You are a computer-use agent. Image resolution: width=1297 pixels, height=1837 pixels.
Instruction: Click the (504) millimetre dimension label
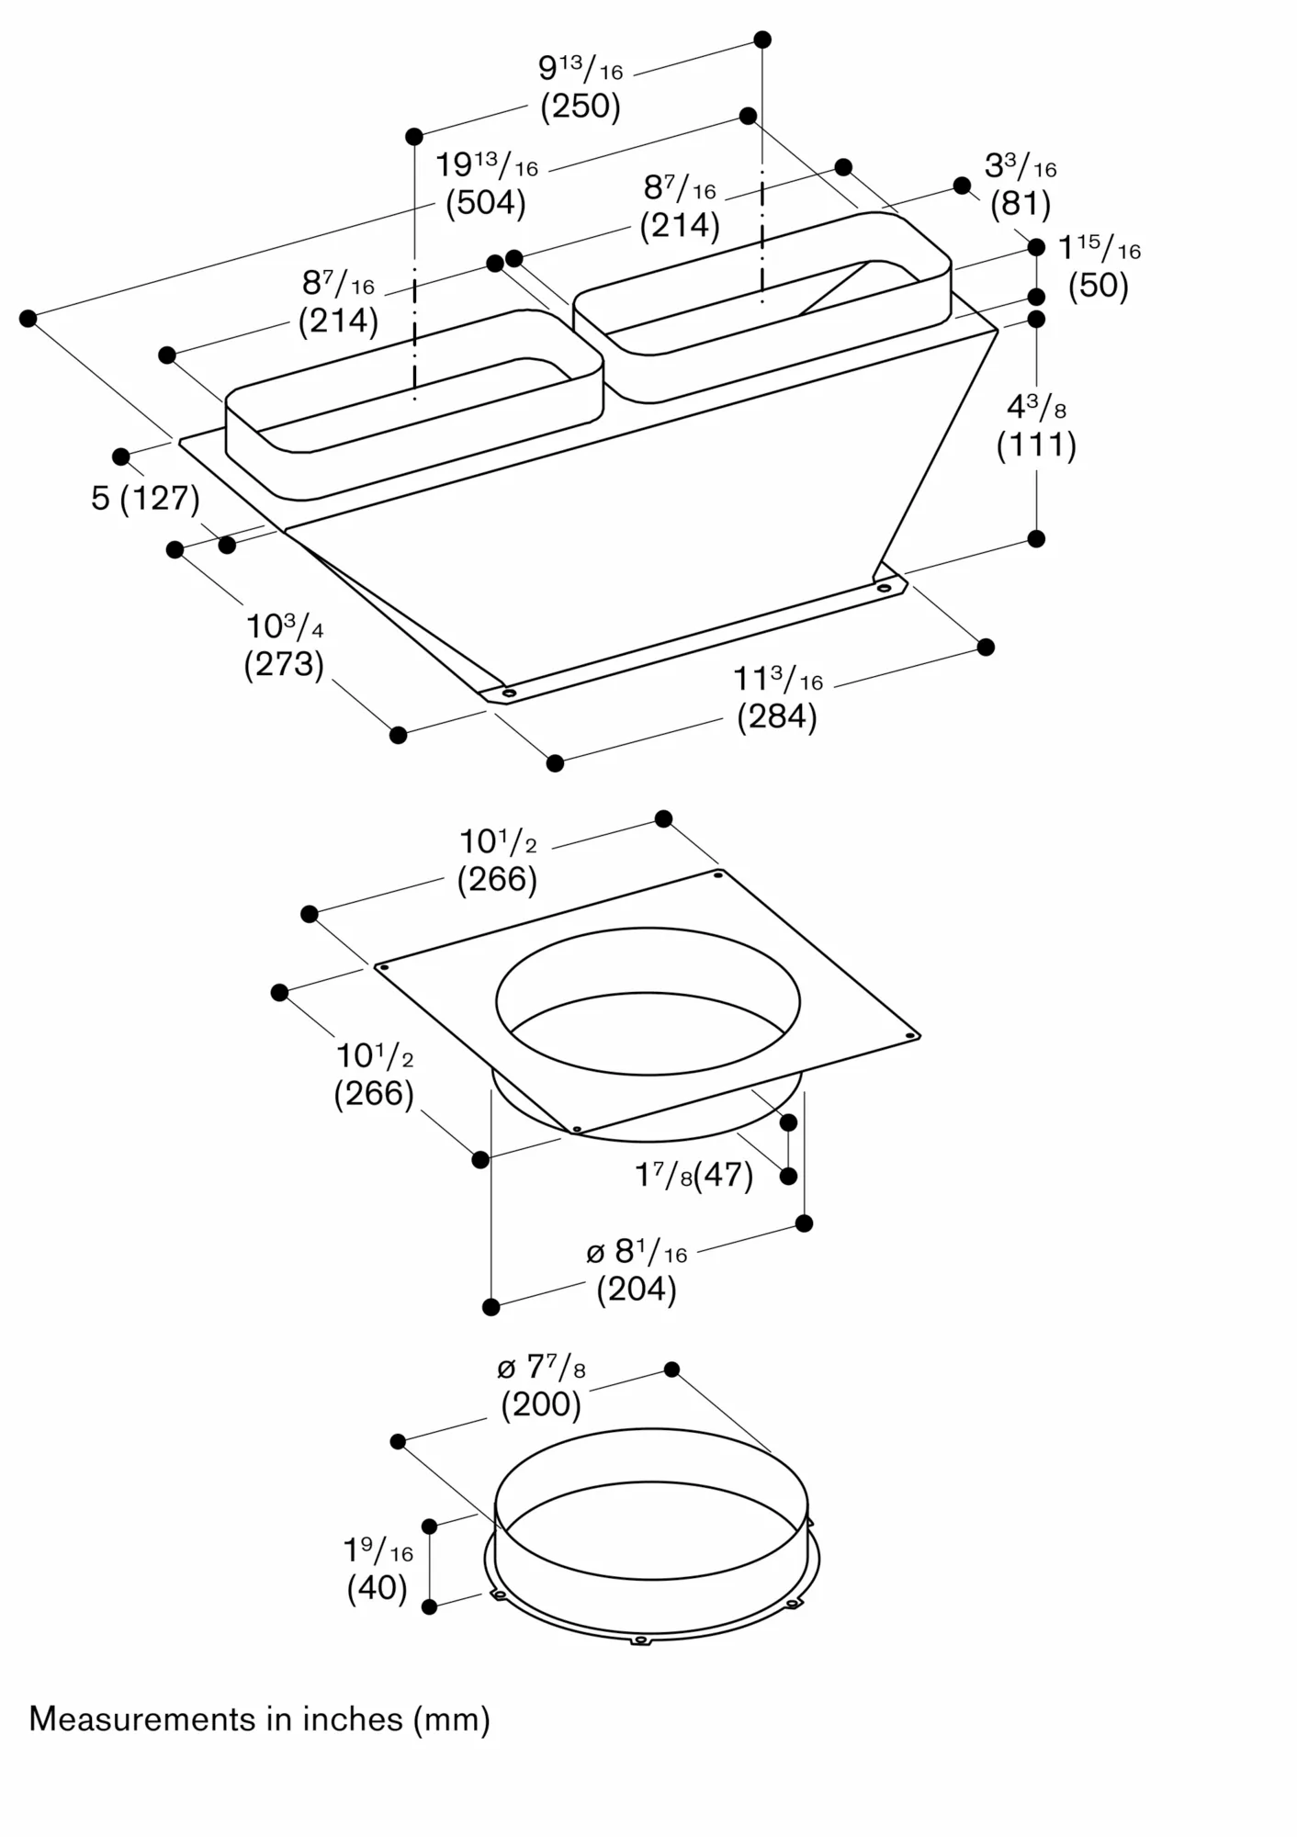point(486,203)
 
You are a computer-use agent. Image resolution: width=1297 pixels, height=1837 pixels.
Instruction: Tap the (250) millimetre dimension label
point(581,107)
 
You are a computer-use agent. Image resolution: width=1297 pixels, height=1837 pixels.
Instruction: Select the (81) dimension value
point(1021,204)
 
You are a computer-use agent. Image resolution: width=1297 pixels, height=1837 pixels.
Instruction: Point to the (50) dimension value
point(1099,286)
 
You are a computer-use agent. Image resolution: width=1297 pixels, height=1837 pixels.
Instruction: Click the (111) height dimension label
point(1036,445)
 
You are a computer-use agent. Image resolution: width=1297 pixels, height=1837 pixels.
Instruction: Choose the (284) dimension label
point(777,716)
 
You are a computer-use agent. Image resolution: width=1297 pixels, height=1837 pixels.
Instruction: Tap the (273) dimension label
point(284,664)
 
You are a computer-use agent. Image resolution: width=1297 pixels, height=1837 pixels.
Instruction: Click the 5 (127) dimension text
point(146,498)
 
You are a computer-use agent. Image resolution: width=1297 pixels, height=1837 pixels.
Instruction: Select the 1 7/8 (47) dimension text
point(694,1175)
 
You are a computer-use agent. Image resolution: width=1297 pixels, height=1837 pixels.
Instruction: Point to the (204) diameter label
point(637,1290)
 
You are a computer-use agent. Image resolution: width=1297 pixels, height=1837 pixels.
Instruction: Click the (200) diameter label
point(541,1405)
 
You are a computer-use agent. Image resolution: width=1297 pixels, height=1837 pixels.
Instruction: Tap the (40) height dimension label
point(378,1588)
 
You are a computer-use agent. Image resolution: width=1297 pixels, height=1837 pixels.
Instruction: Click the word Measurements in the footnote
point(142,1719)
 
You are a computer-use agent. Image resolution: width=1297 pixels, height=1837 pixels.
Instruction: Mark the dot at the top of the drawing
point(762,39)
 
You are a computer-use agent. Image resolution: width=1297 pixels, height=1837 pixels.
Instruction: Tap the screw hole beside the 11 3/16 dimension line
point(884,587)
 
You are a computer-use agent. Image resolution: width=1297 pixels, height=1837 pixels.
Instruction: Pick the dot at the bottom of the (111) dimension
point(1036,539)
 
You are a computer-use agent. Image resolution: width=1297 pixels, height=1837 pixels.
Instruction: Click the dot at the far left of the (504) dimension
point(28,319)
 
